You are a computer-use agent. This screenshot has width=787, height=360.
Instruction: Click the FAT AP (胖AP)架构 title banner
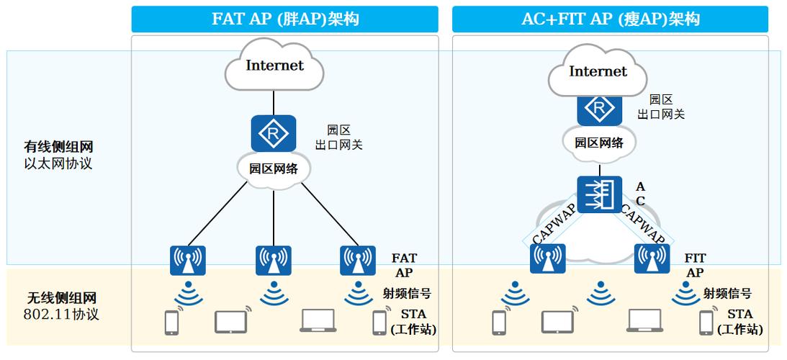(284, 19)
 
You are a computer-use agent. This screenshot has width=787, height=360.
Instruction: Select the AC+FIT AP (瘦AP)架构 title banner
(610, 19)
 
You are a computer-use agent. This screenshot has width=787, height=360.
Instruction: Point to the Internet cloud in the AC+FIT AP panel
(598, 71)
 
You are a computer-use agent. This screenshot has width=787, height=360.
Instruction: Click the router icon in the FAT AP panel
(274, 133)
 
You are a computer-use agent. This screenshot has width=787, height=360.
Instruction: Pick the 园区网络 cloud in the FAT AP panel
(274, 170)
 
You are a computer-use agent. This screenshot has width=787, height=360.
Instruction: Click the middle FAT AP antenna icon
(274, 261)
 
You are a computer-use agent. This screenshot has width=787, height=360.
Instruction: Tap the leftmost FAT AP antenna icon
(188, 261)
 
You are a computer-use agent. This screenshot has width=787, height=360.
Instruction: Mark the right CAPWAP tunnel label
(643, 225)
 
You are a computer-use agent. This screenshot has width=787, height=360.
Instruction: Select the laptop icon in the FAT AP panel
(318, 320)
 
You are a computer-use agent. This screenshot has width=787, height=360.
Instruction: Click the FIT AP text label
(695, 265)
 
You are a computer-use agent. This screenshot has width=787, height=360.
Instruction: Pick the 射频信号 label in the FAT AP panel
(407, 293)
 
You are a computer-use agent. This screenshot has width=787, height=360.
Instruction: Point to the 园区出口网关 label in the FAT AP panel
(338, 138)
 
